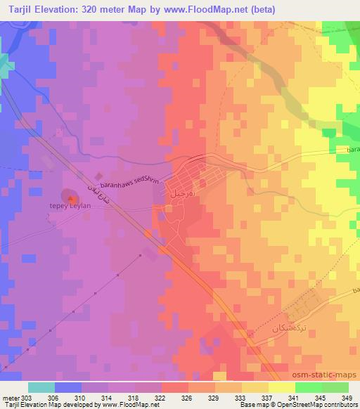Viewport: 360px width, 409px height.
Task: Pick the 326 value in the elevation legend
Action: point(185,398)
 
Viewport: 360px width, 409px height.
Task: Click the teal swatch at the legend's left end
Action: point(41,387)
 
